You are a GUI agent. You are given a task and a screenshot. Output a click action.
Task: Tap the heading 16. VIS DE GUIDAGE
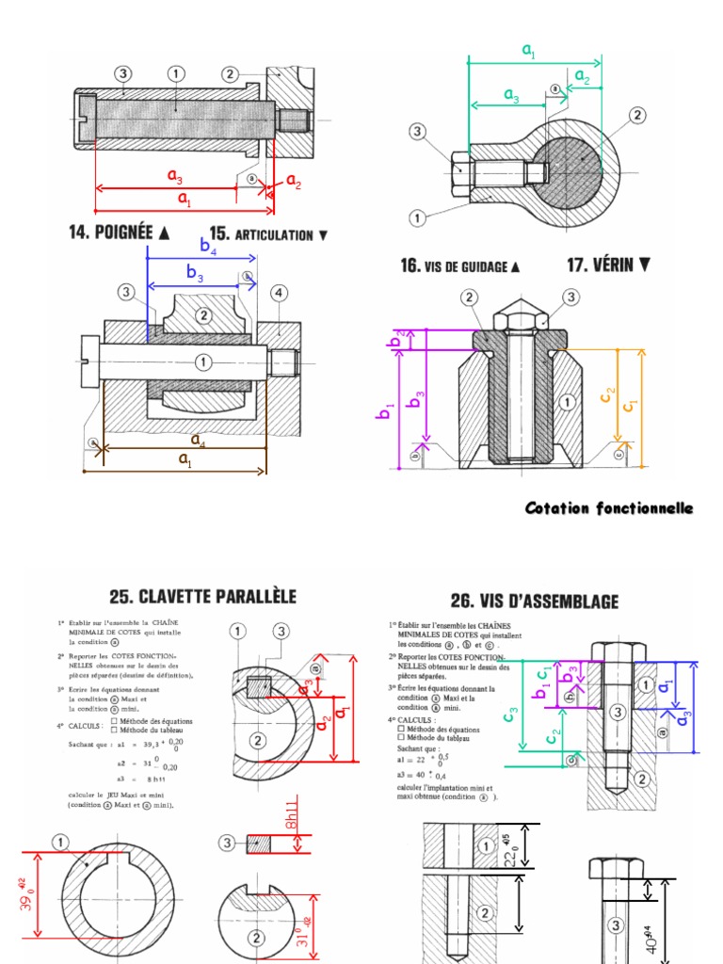459,266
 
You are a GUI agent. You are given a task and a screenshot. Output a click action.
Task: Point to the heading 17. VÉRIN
608,265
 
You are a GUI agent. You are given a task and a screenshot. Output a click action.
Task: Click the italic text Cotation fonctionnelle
608,508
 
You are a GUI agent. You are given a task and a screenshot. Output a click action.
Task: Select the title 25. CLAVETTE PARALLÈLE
202,596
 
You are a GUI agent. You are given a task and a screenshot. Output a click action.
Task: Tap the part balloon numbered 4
279,293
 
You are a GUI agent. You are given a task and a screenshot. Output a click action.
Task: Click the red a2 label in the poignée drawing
293,181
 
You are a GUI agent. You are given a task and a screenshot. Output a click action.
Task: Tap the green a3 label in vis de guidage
511,94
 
